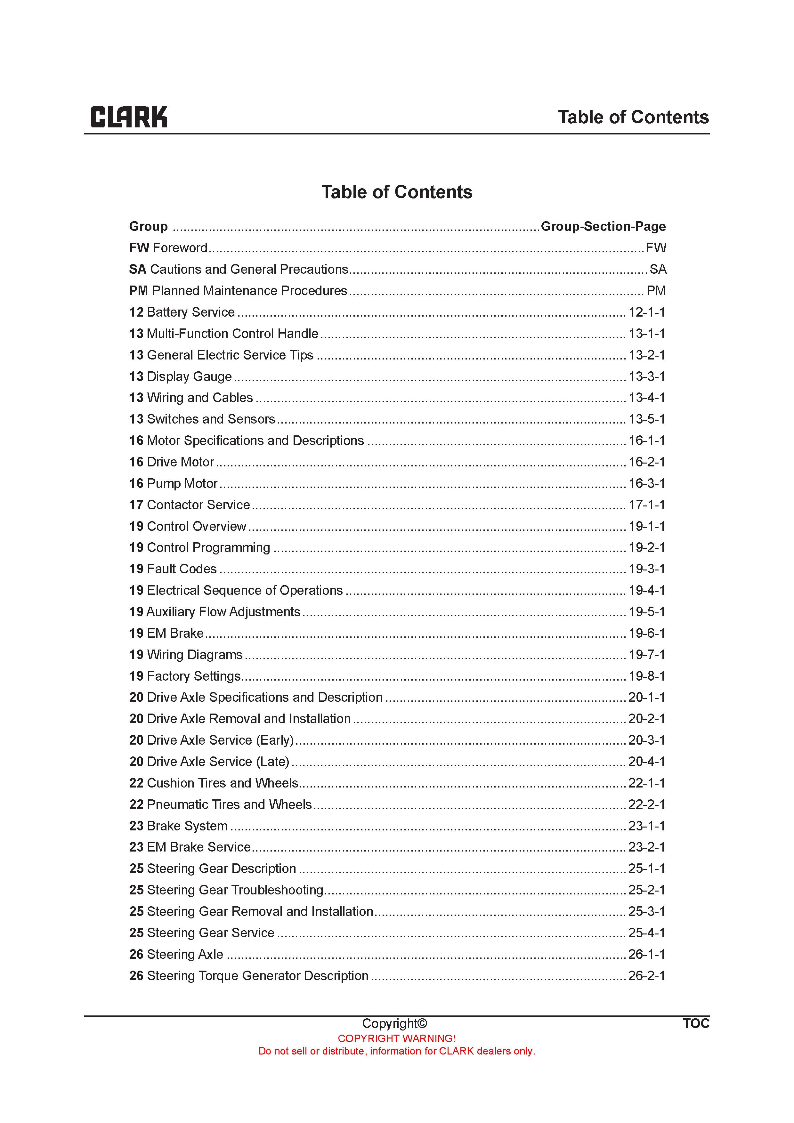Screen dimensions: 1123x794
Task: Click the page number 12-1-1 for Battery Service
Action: click(x=646, y=312)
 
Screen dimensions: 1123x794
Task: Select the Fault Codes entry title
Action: click(x=182, y=569)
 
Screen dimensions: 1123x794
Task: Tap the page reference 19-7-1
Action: click(x=646, y=654)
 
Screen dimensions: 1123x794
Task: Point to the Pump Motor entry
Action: click(x=182, y=483)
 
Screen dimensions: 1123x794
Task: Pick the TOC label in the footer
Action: click(x=696, y=1023)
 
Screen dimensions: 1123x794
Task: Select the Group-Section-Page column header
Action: click(x=603, y=226)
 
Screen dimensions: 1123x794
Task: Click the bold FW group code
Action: click(x=139, y=248)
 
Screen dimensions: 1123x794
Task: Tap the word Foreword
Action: click(x=180, y=248)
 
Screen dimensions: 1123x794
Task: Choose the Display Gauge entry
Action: click(x=189, y=376)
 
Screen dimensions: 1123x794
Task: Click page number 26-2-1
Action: click(x=646, y=976)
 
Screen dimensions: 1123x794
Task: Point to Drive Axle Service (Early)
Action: click(x=220, y=740)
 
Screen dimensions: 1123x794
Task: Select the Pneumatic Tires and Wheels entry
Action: click(x=229, y=804)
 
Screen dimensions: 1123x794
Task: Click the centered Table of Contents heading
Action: click(x=397, y=192)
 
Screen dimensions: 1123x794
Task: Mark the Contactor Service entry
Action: click(x=198, y=505)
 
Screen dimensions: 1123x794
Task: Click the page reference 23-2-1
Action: click(x=646, y=847)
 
